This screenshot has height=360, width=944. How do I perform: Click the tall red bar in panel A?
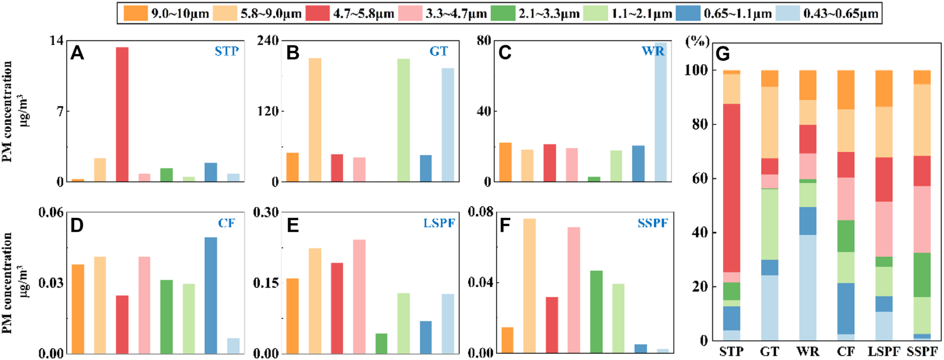tap(122, 114)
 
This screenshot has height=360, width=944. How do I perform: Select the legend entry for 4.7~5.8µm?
tap(349, 13)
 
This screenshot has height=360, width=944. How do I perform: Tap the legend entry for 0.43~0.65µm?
tap(832, 13)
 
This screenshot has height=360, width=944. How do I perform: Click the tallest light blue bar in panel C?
tap(660, 112)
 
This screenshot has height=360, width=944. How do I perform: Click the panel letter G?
tap(723, 54)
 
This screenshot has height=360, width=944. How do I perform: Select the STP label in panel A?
tap(226, 52)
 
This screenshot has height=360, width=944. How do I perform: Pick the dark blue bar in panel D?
tap(211, 296)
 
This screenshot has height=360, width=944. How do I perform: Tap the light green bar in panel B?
tap(403, 120)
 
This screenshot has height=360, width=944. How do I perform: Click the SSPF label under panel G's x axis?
tap(922, 351)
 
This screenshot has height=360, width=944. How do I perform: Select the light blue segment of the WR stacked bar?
tap(808, 288)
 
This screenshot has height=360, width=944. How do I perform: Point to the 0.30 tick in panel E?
tap(265, 212)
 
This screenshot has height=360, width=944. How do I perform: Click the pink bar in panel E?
tap(359, 297)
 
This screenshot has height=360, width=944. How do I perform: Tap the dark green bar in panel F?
tap(596, 312)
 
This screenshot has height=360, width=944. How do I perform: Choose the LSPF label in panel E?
tap(439, 223)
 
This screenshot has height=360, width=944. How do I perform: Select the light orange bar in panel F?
tap(529, 286)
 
